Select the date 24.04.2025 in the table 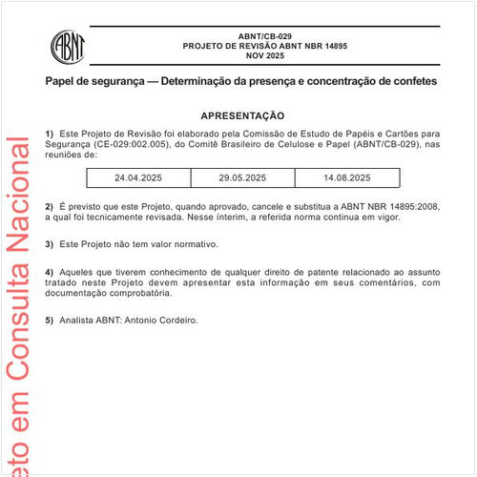pyautogui.click(x=138, y=177)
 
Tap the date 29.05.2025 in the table pyautogui.click(x=241, y=177)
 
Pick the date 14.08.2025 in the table pyautogui.click(x=346, y=177)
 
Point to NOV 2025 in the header pyautogui.click(x=265, y=56)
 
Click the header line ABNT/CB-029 pyautogui.click(x=265, y=35)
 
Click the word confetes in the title pyautogui.click(x=412, y=82)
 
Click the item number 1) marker pyautogui.click(x=50, y=134)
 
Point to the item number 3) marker pyautogui.click(x=50, y=244)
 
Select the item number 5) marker pyautogui.click(x=50, y=320)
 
